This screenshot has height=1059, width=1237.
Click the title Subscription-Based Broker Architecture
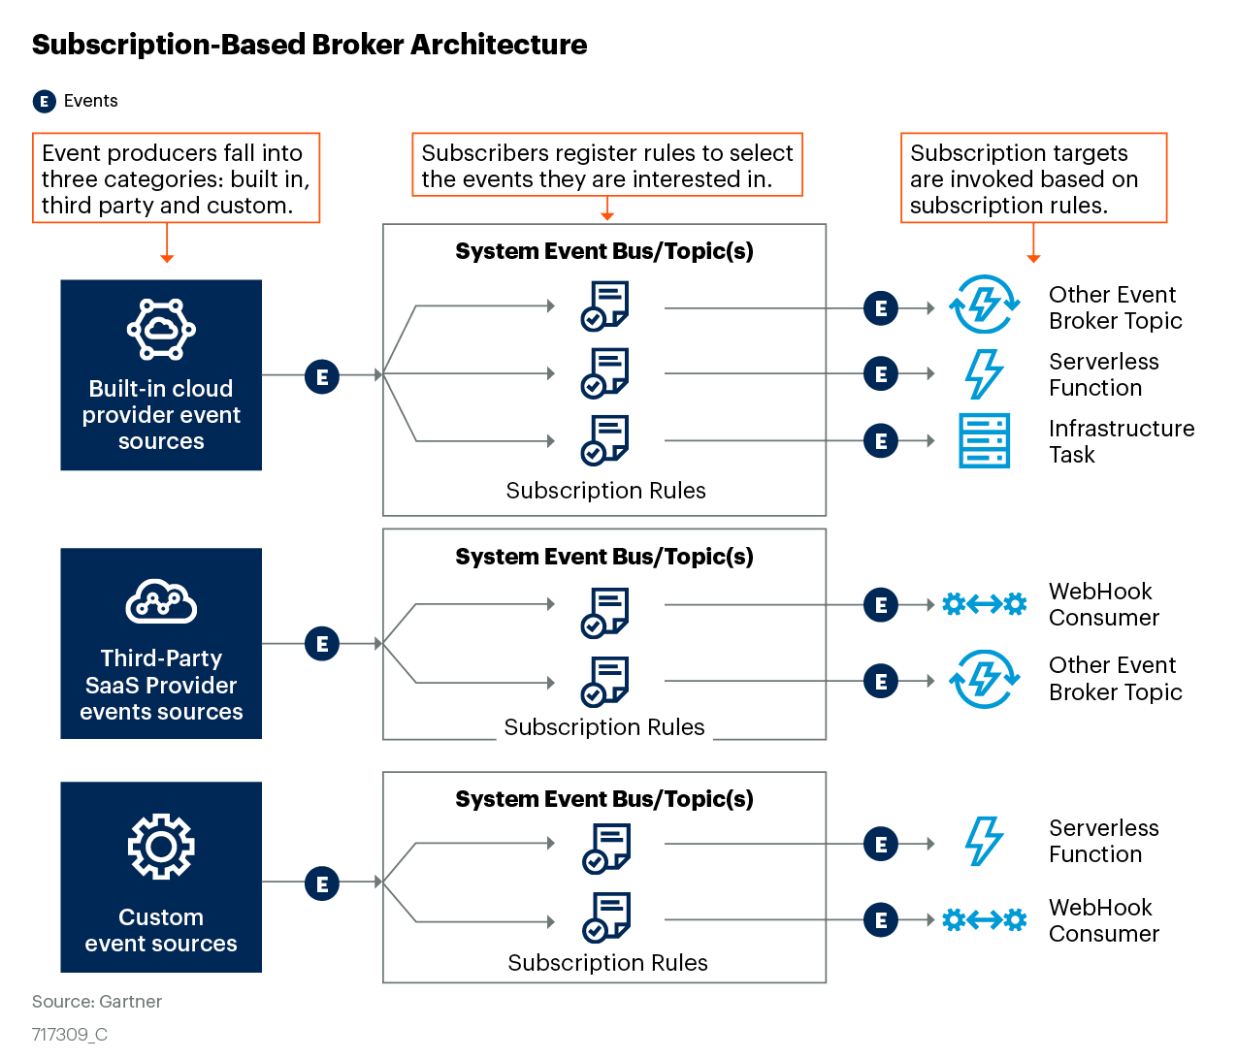[309, 45]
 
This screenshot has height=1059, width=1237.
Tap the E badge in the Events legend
[44, 101]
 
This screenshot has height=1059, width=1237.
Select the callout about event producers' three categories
[176, 178]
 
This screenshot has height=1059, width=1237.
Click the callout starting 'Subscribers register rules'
[607, 166]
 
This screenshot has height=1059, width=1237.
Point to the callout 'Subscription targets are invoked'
[1033, 178]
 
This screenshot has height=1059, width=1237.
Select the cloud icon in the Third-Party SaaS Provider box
[161, 602]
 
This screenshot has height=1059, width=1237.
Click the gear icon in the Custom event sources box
[161, 847]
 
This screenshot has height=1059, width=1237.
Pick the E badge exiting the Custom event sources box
[322, 883]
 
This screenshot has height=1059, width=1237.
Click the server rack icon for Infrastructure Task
[984, 440]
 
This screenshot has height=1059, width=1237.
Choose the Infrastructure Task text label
[1121, 441]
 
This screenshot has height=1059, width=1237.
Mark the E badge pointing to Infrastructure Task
[881, 441]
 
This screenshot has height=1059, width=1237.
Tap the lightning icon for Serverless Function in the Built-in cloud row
[984, 374]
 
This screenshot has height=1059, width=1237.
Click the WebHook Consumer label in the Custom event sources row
[1103, 920]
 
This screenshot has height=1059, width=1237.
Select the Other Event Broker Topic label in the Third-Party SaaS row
[1116, 679]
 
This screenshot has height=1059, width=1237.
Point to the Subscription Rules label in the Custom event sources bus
[608, 962]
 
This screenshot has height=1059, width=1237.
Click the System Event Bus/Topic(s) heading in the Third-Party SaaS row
[604, 557]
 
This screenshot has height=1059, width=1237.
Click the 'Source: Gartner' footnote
[97, 1002]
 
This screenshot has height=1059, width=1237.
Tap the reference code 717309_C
[70, 1035]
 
